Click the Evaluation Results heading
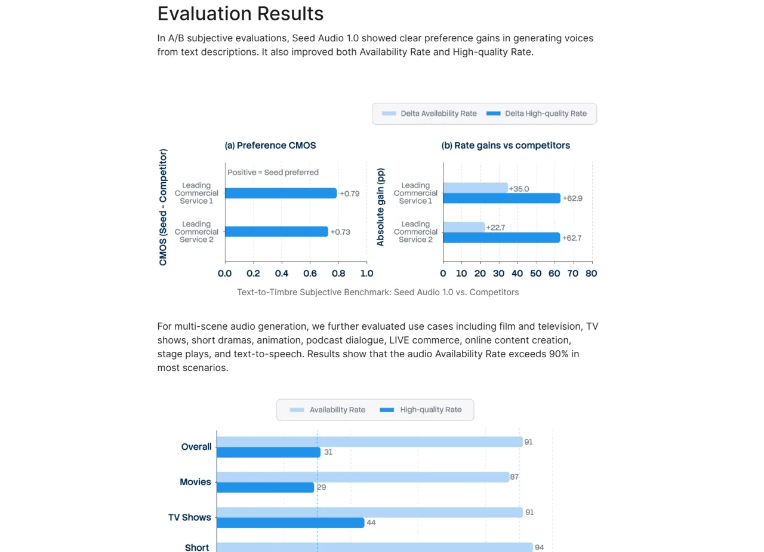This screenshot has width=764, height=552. click(240, 14)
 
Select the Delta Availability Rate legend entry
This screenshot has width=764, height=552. click(429, 114)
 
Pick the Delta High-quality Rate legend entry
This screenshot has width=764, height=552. click(537, 114)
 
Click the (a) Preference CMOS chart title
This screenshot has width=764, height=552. click(270, 145)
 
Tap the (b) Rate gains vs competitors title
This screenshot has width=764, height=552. click(506, 145)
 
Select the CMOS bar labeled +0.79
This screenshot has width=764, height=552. click(281, 193)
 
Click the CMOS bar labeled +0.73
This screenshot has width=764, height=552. click(276, 232)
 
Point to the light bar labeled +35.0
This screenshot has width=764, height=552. click(476, 188)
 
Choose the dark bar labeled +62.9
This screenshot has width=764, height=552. click(502, 198)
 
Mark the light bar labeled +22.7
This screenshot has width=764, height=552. click(464, 227)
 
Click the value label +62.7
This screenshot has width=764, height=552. click(572, 238)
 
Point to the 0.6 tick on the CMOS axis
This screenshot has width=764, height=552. click(310, 274)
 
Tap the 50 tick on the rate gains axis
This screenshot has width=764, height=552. click(536, 274)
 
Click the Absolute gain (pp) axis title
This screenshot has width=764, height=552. click(380, 207)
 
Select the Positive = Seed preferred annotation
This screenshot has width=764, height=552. click(273, 173)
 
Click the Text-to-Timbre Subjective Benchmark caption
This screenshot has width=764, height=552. click(378, 292)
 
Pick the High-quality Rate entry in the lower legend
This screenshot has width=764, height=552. click(421, 410)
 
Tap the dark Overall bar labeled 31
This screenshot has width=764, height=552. click(269, 452)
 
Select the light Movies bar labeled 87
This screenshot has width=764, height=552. click(363, 477)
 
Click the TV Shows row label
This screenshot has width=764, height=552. click(190, 517)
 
